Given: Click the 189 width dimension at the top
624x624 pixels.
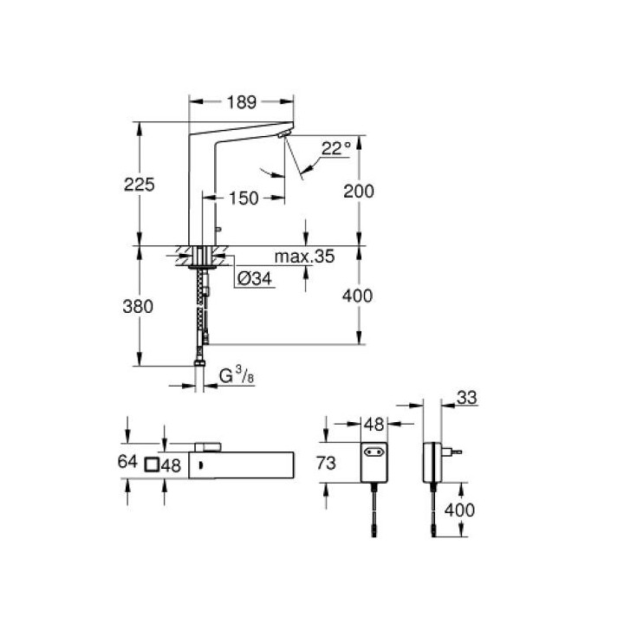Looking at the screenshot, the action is [242, 102].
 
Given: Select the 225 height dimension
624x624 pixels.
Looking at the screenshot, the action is [140, 185].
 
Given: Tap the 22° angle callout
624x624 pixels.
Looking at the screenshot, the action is [336, 149].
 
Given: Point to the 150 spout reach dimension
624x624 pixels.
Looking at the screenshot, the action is [244, 198].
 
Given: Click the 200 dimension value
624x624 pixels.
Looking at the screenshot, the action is [359, 192].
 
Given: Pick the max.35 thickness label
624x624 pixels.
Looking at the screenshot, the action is [304, 257].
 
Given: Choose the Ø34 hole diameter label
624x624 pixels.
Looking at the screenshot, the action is [254, 278].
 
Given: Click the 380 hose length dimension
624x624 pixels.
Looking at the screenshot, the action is [138, 307].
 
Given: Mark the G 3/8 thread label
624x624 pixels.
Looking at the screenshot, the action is [237, 375].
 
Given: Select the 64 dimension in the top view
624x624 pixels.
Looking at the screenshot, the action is [127, 462].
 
